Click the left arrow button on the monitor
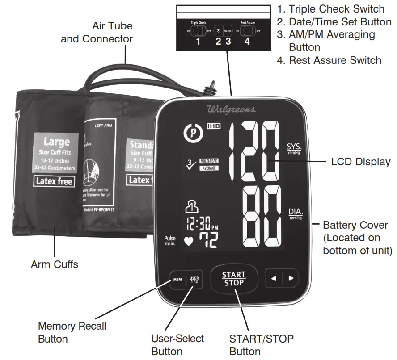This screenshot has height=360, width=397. [x=274, y=279]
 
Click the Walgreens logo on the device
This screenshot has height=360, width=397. [x=231, y=109]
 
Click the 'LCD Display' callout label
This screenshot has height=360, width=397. [x=360, y=162]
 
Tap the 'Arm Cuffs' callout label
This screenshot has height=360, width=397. [x=54, y=264]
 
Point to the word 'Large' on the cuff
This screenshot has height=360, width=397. [x=56, y=142]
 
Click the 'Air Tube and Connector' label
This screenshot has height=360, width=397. [x=97, y=32]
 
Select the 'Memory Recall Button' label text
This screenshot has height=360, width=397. [x=72, y=332]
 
